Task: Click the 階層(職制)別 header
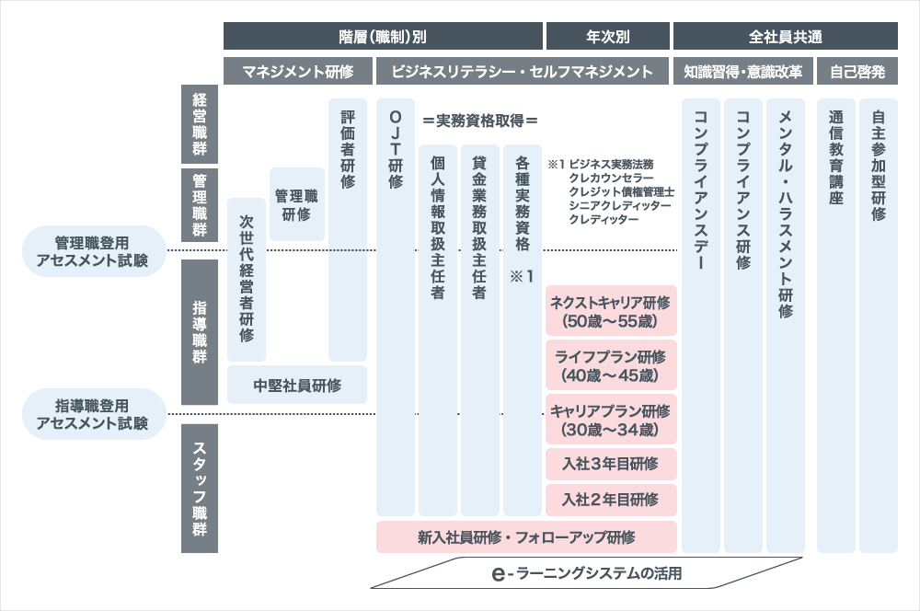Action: [383, 37]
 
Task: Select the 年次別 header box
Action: [608, 37]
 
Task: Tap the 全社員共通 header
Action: [785, 37]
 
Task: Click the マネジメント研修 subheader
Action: [297, 71]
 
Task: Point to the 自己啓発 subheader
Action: [857, 71]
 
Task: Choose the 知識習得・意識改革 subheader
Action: [742, 71]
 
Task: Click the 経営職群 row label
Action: [200, 124]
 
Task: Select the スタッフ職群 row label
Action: [200, 489]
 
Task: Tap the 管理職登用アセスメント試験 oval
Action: [94, 251]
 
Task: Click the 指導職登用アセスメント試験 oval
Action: [94, 414]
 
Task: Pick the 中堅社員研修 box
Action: [297, 385]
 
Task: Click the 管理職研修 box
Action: [297, 204]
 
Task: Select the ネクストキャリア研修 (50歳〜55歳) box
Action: [611, 311]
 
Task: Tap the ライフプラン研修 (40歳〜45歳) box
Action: [611, 365]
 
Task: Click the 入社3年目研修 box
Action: [611, 464]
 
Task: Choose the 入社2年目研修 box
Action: [611, 500]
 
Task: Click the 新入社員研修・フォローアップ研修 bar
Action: [526, 536]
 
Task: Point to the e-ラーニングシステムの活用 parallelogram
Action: [586, 573]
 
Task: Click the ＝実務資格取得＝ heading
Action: [480, 121]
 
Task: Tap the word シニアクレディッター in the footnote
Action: [619, 205]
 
